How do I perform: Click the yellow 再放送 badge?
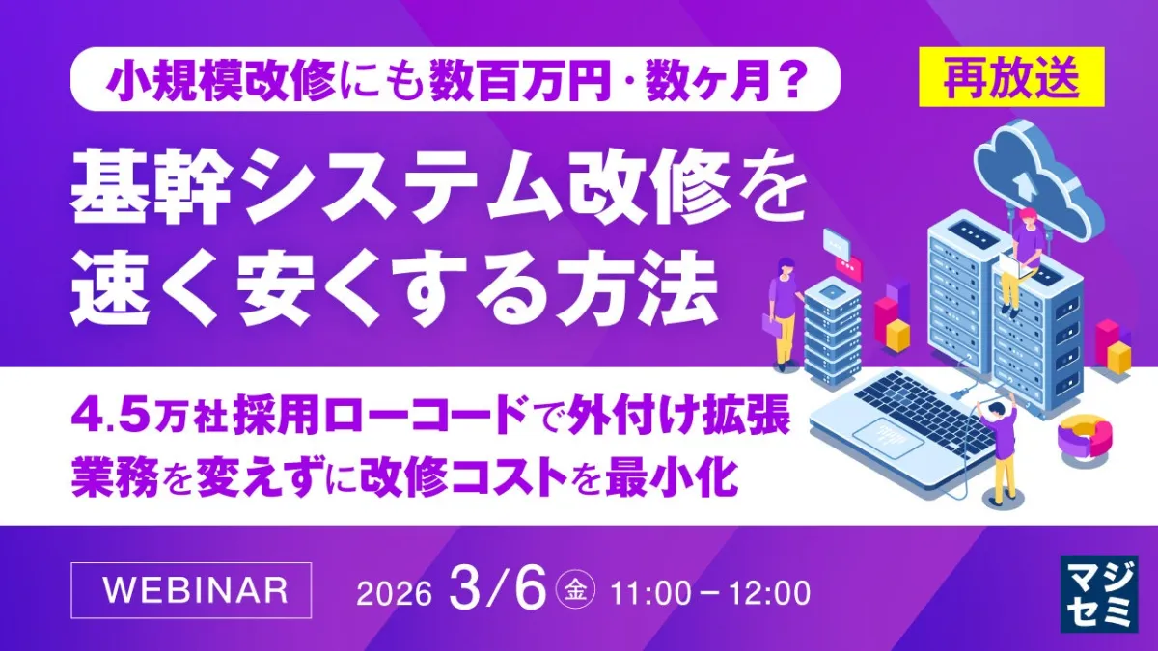pyautogui.click(x=1011, y=77)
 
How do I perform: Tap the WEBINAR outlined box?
pyautogui.click(x=191, y=590)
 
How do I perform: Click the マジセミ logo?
pyautogui.click(x=1099, y=594)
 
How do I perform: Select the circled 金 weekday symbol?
pyautogui.click(x=575, y=591)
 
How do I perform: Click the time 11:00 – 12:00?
pyautogui.click(x=710, y=594)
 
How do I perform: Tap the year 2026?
pyautogui.click(x=394, y=594)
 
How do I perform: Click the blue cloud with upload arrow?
pyautogui.click(x=1039, y=175)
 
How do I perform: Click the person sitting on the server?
pyautogui.click(x=1021, y=259)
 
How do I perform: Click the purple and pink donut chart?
pyautogui.click(x=1084, y=441)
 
